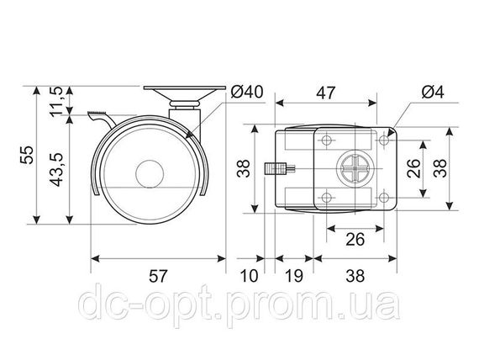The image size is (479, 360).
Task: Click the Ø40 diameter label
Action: [247, 92]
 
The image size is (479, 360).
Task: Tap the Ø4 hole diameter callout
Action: [432, 92]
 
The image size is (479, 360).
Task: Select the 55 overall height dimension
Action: [27, 155]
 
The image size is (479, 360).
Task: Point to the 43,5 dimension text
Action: [56, 169]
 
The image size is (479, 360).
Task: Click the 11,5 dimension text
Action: [56, 101]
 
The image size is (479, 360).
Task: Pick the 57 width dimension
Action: [158, 276]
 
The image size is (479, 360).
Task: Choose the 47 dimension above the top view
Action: [326, 93]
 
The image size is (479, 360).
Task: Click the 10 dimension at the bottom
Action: [250, 276]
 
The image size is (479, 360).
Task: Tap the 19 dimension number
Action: [294, 276]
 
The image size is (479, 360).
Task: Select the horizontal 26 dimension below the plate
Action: [355, 239]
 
